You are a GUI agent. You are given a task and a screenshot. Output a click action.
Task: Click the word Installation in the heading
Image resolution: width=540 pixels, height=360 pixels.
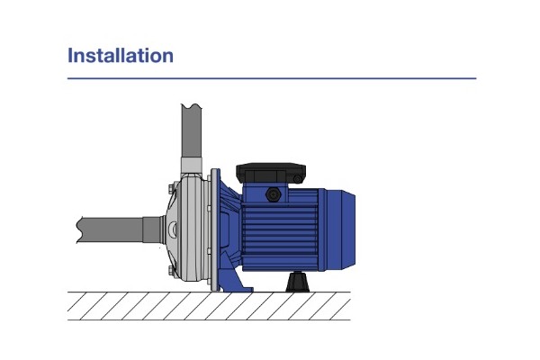121,56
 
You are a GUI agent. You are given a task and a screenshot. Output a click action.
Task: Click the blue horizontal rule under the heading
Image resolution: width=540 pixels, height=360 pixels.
272,78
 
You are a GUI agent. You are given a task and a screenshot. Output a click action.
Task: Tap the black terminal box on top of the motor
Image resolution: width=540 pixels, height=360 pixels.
271,174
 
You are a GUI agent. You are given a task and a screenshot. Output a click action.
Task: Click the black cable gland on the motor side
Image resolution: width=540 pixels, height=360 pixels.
274,194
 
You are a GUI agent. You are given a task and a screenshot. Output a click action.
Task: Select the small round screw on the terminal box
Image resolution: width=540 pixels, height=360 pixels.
298,179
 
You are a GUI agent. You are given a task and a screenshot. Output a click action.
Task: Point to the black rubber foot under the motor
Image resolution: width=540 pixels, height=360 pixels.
298,282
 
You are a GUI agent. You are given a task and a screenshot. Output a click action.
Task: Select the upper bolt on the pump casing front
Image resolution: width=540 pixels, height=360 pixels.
172,189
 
